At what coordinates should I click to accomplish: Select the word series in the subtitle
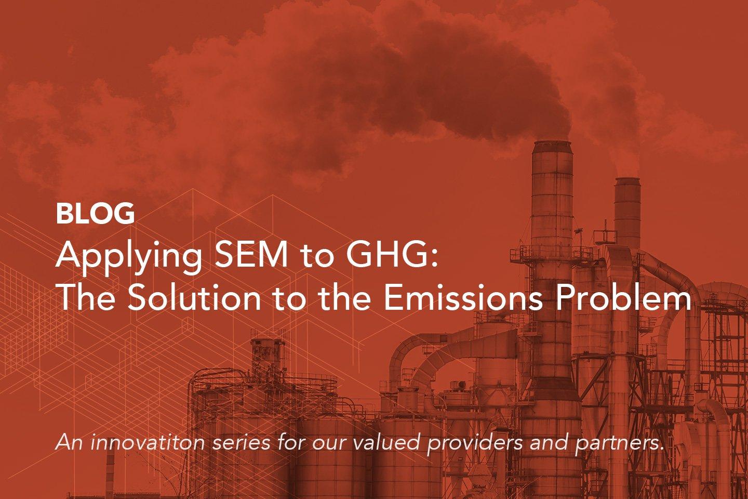pos(241,444)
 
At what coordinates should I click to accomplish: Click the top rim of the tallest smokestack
pos(553,143)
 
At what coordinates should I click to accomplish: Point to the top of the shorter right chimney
pos(627,180)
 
